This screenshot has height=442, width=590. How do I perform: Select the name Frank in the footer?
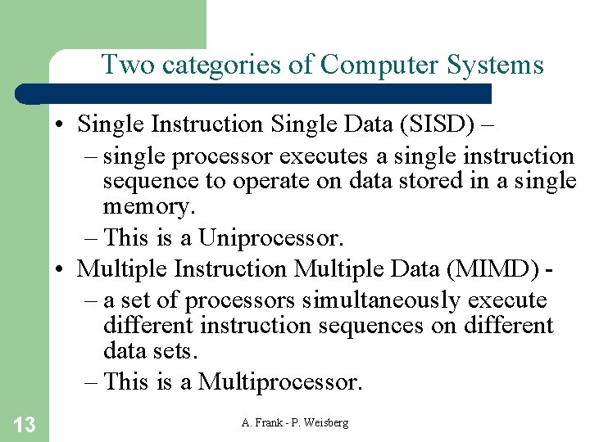click(270, 422)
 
